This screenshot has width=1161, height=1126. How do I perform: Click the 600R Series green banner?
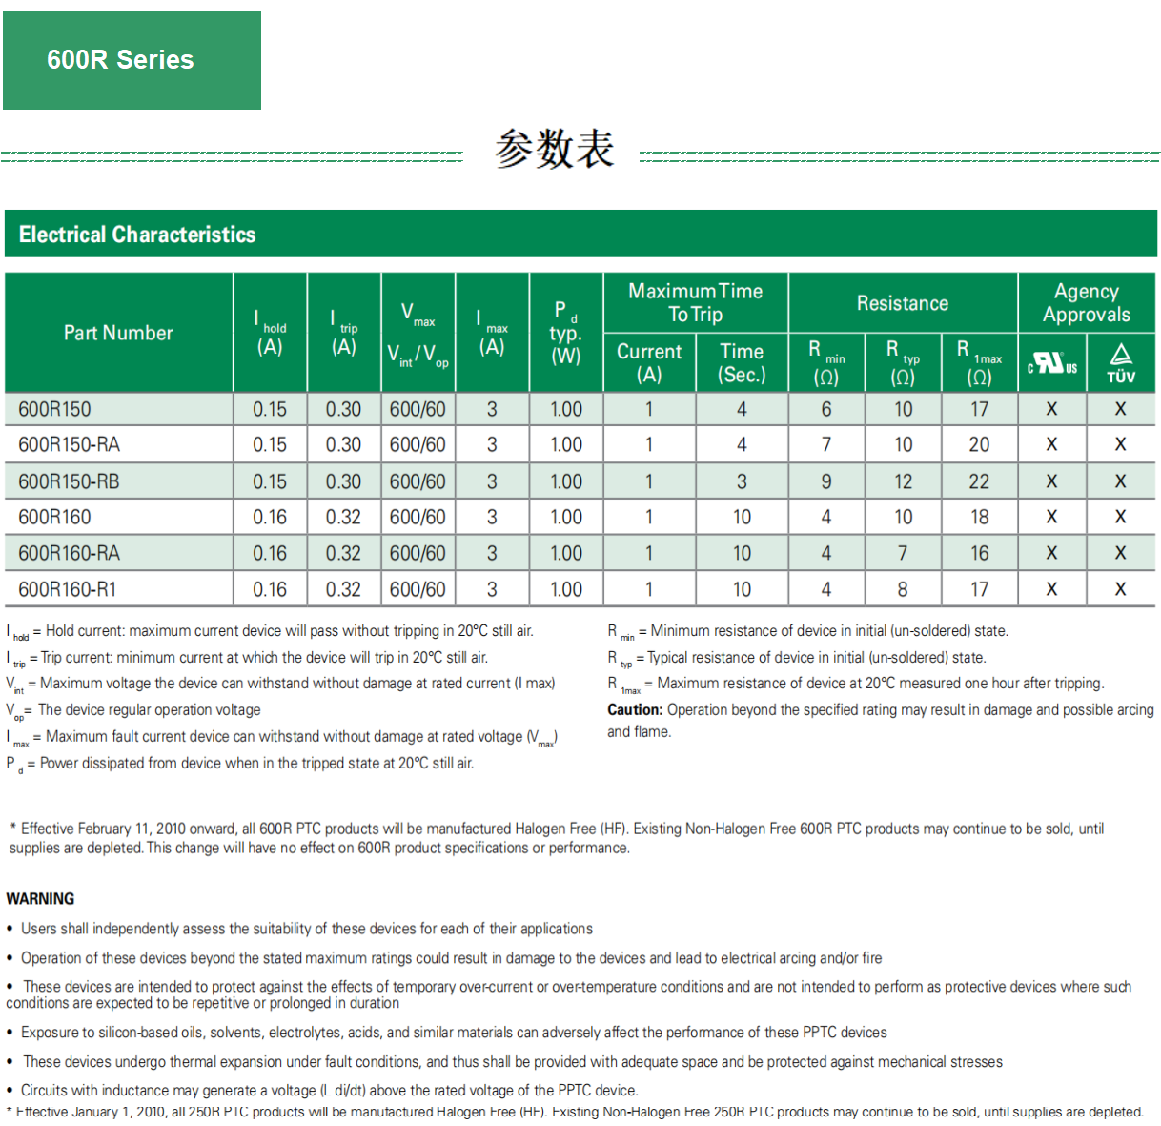132,60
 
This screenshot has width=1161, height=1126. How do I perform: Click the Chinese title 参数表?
554,150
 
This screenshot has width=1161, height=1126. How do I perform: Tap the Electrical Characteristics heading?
137,235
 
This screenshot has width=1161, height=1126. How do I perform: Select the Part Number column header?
118,333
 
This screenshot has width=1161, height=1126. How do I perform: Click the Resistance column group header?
902,303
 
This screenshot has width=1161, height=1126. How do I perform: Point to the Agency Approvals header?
1086,303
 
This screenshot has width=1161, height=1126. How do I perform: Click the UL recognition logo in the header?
1051,363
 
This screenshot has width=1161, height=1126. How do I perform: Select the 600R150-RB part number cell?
69,481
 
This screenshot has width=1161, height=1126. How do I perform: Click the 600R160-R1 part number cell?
67,589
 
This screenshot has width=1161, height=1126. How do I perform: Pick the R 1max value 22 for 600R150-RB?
979,481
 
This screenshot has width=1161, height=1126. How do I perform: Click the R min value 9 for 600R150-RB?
826,481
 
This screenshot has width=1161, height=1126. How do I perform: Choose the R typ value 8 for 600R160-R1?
903,589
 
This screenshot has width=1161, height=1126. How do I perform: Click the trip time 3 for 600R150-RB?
742,481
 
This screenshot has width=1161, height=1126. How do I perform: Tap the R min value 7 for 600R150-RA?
826,444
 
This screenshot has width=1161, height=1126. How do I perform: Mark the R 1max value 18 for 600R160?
979,517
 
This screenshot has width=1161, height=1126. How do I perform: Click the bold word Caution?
635,710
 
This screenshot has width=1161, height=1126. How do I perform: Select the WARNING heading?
40,899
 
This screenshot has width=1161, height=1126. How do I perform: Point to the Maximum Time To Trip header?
695,303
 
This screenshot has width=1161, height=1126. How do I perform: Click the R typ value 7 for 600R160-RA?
903,553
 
